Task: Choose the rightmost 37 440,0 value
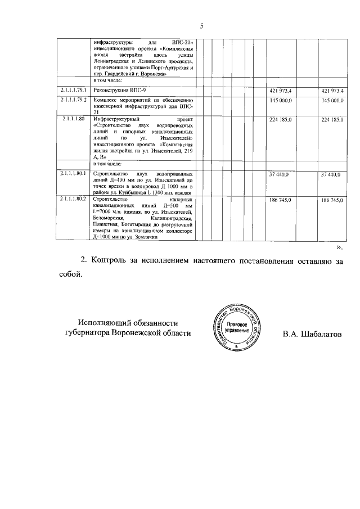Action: coord(331,174)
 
